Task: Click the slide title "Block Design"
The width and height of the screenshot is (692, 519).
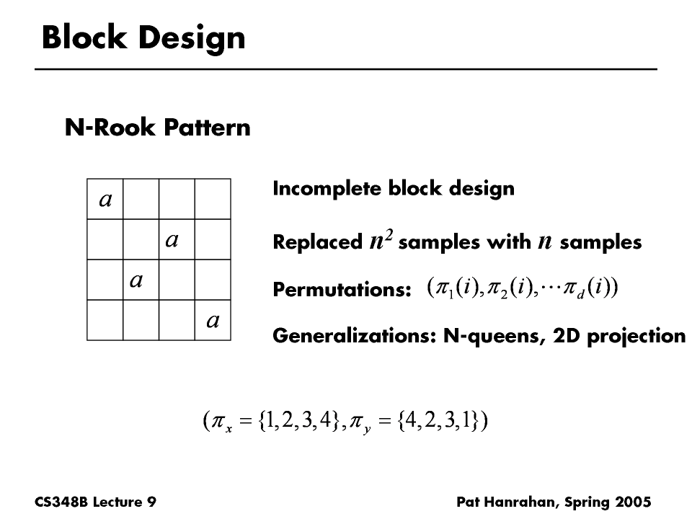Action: coord(143,37)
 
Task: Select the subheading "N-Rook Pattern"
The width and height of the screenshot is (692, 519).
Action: coord(158,128)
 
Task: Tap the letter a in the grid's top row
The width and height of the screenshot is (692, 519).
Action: coord(105,199)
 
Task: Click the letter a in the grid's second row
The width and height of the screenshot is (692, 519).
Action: coord(172,239)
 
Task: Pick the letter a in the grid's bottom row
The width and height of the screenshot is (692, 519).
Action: coord(213,320)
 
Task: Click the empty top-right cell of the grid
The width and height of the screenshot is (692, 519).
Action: coord(213,198)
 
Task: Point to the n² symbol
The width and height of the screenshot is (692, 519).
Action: coord(380,241)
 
